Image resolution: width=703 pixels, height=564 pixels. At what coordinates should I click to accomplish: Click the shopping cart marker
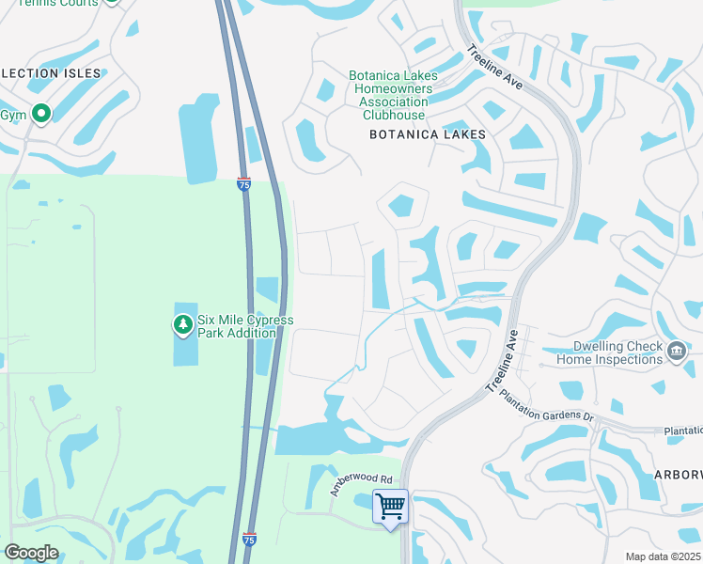390,507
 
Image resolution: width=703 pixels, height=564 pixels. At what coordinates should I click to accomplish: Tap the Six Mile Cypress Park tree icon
182,325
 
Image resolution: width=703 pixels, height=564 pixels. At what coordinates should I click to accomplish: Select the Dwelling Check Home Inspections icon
676,352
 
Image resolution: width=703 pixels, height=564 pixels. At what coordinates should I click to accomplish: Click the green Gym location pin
40,115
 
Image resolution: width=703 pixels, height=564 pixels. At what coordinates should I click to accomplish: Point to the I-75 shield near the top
243,184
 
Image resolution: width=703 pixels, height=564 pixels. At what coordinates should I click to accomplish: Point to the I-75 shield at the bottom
248,540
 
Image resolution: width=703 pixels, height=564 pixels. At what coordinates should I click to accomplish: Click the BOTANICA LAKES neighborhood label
428,134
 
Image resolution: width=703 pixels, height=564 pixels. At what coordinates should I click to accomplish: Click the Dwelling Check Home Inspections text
609,352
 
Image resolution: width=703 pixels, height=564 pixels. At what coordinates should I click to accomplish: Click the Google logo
31,553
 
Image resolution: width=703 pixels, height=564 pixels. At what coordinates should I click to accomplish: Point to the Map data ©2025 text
662,556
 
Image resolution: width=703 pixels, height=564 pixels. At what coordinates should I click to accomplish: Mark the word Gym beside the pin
12,115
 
